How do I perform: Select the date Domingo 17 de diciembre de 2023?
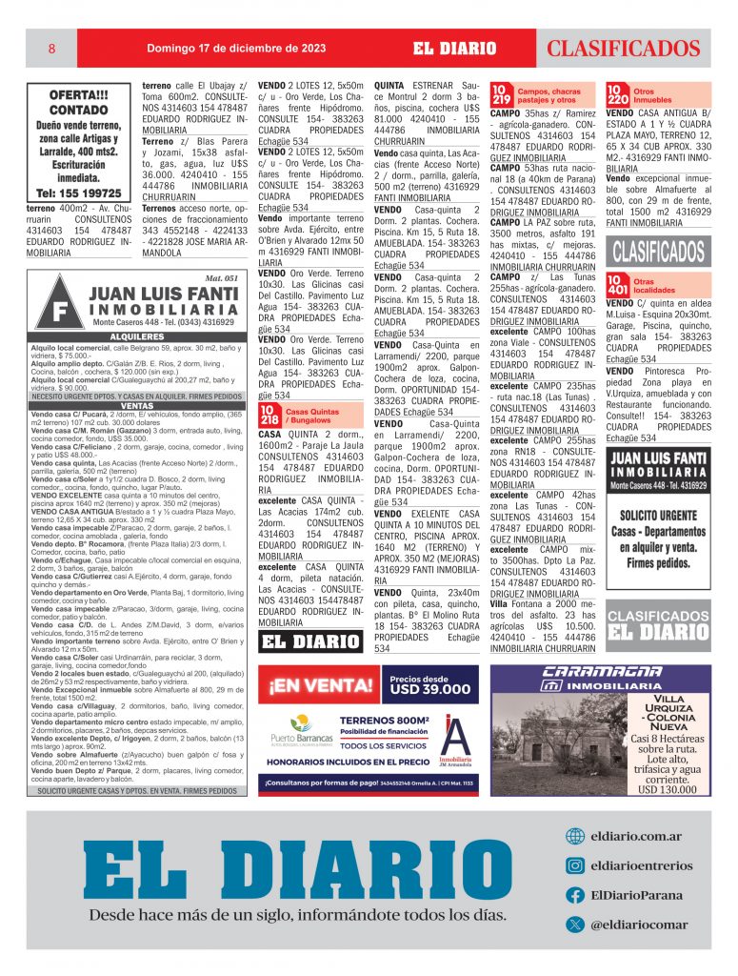(236, 49)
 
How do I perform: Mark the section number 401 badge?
(617, 285)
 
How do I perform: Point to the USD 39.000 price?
(429, 688)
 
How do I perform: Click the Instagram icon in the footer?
(574, 865)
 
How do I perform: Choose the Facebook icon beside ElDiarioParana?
(574, 895)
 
